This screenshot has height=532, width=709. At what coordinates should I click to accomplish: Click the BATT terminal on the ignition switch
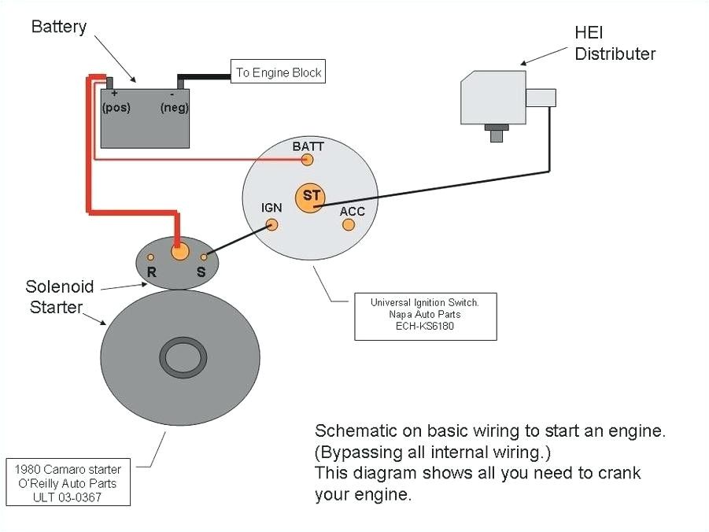[308, 160]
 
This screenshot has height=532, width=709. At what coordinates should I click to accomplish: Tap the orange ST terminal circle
[308, 196]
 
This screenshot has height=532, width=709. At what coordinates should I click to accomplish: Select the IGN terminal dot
[272, 224]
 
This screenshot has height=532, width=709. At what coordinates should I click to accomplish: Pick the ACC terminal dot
[349, 224]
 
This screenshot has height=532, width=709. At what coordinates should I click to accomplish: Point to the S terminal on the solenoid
[204, 257]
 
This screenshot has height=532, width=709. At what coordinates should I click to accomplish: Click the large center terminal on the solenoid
[180, 252]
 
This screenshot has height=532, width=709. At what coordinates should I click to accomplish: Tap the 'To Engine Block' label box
[278, 72]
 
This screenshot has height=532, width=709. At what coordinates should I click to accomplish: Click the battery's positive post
[111, 83]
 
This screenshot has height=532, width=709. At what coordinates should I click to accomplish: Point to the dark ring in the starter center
[183, 358]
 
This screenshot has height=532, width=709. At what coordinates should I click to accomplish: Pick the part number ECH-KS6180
[425, 327]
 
